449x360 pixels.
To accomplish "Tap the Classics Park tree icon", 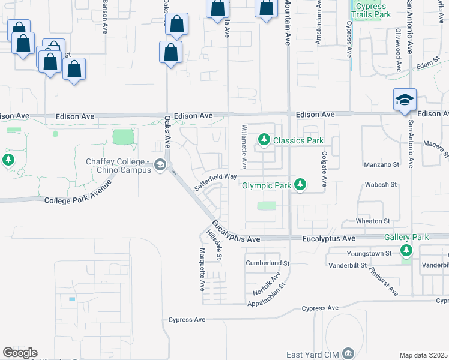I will click(x=264, y=140).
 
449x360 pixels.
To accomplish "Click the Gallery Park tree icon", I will click(x=407, y=250).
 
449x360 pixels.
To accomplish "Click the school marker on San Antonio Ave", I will click(x=405, y=100).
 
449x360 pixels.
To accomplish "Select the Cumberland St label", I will click(x=268, y=263).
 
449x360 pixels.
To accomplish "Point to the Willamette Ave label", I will click(x=244, y=147).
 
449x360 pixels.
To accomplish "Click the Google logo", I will click(x=20, y=353).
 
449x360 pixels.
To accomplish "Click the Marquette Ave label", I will click(x=202, y=268).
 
